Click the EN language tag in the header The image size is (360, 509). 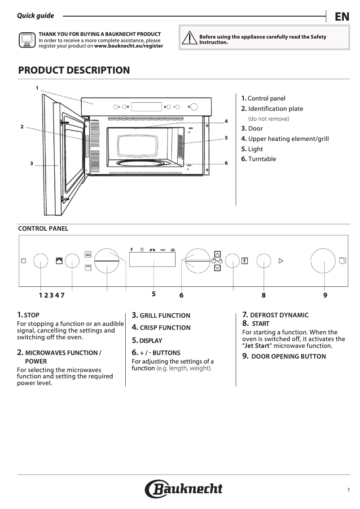point(342,17)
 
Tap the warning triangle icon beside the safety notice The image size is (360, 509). point(189,39)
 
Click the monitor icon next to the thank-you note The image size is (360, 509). point(26,40)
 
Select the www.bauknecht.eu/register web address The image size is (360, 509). point(128,46)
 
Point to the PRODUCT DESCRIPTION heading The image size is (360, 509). point(74,70)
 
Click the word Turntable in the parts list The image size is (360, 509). point(262,159)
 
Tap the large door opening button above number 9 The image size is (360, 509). point(324,261)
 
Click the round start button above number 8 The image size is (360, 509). point(263,261)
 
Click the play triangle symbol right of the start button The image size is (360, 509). point(281,260)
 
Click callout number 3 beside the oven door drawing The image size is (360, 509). point(31,163)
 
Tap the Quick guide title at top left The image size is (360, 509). point(35,16)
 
